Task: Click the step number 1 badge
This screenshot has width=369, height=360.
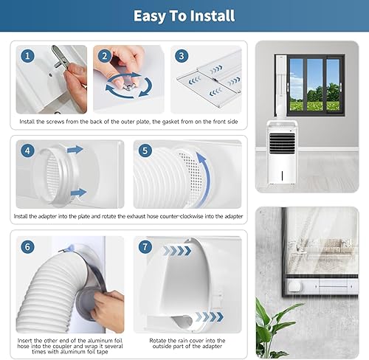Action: point(28,55)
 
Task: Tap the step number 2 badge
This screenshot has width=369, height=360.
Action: point(105,55)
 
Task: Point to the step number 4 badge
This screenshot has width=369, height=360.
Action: point(28,150)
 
